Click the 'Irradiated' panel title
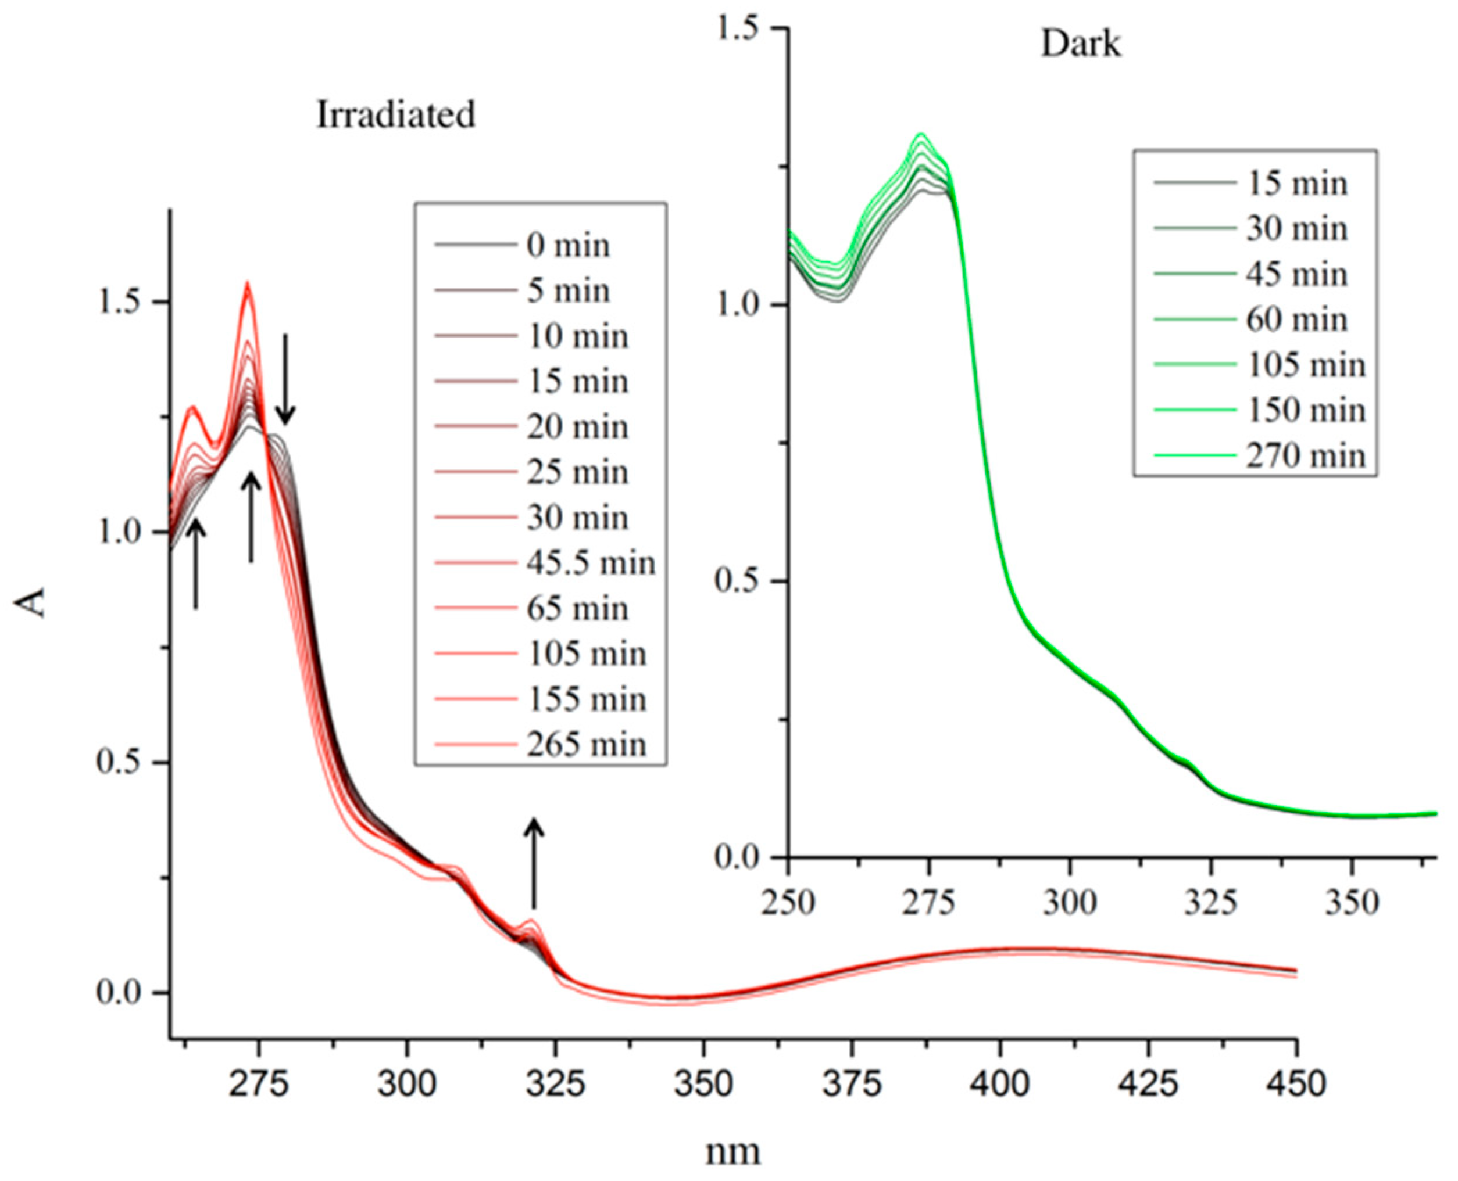395,115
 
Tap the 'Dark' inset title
1080,45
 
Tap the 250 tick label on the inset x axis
788,903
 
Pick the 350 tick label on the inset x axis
1352,903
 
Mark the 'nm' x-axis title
732,1153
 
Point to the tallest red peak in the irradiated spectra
248,285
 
